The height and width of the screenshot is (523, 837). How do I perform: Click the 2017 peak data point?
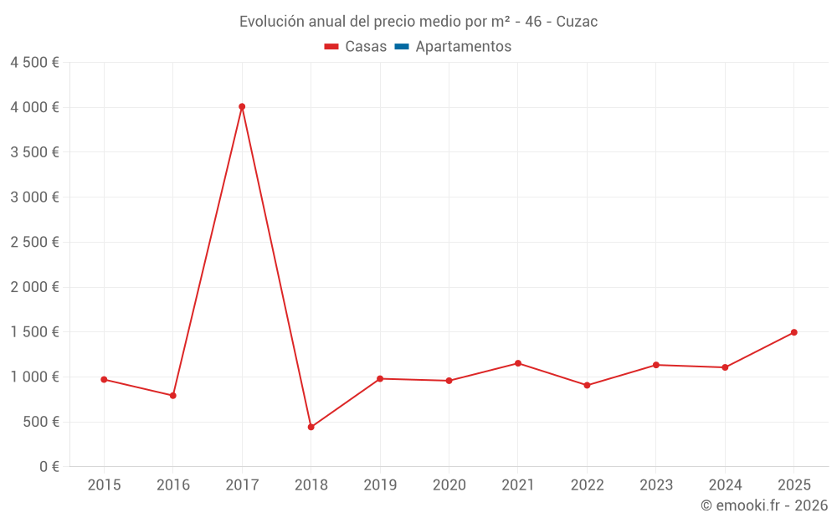[242, 106]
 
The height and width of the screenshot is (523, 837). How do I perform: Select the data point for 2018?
[311, 427]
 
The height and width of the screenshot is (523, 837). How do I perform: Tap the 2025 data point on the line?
[793, 332]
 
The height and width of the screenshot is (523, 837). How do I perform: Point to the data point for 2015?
[104, 379]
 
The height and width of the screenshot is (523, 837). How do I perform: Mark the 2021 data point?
[518, 363]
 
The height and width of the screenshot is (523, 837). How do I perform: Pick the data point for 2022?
[587, 385]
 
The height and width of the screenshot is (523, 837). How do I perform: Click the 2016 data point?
[173, 395]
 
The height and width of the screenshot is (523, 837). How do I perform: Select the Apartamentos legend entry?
[463, 47]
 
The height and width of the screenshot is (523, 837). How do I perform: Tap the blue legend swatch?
[401, 47]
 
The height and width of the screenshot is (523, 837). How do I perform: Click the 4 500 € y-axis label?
[34, 63]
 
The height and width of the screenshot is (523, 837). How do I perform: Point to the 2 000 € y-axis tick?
[34, 287]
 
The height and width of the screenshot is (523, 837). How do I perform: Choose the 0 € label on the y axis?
[49, 466]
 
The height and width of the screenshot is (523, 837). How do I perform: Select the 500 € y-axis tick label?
[42, 422]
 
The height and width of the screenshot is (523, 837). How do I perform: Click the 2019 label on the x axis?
[380, 485]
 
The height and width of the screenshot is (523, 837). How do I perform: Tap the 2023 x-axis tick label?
[656, 485]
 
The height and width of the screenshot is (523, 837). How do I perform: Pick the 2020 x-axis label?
[449, 485]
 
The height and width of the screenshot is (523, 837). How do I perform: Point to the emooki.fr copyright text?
[764, 505]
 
